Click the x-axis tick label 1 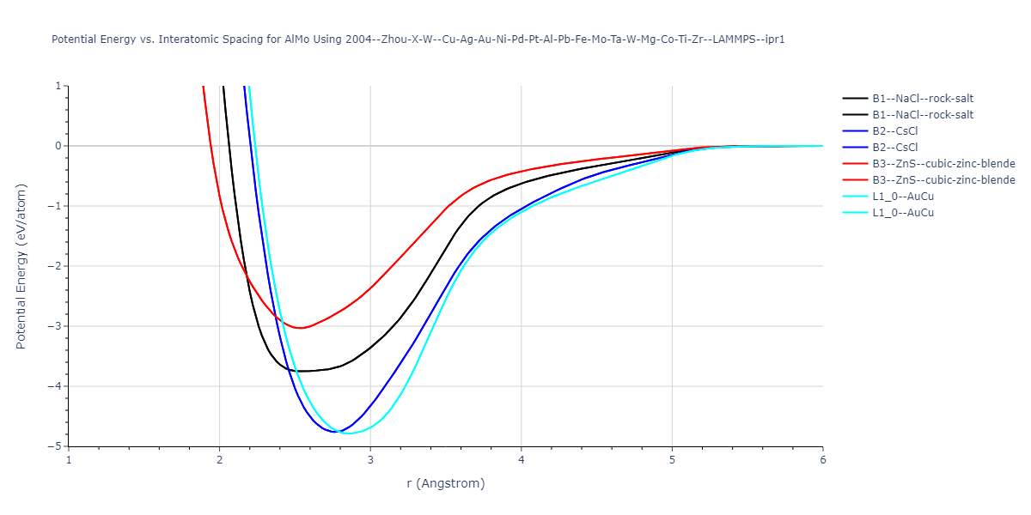pos(69,459)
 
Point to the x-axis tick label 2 pos(220,459)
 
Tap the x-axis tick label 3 pos(370,459)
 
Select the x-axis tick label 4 pos(522,459)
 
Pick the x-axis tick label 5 pos(672,459)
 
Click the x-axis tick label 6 pos(823,459)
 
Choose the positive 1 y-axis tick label pos(59,86)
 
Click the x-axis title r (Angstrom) pos(446,483)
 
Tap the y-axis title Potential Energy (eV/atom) pos(22,266)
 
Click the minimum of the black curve pos(302,371)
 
